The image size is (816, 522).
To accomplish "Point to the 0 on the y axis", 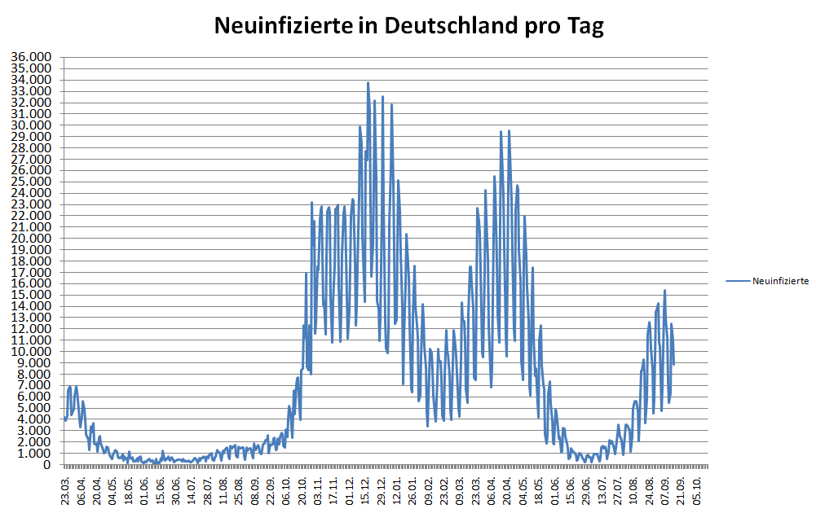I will coord(48,465).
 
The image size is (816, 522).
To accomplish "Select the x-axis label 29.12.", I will coord(381,487).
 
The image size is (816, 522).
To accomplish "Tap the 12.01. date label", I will coord(396,487).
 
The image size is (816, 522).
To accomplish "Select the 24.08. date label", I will coord(649,487).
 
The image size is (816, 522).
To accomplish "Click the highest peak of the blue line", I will coord(368,83).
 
